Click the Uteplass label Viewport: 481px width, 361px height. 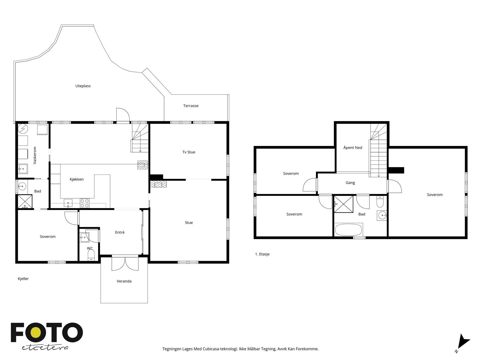click(83, 86)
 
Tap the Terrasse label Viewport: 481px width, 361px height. click(191, 106)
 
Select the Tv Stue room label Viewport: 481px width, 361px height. click(188, 152)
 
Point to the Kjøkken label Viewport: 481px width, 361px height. click(76, 179)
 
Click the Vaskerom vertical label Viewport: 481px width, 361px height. click(35, 155)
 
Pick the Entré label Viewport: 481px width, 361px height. click(120, 232)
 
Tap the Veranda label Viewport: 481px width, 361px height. click(124, 281)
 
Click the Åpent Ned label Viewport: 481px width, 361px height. click(353, 147)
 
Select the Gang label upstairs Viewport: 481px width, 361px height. click(350, 183)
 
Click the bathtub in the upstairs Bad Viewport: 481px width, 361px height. click(348, 230)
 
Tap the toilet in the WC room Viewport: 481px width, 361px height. click(91, 255)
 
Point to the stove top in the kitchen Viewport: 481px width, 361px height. click(84, 203)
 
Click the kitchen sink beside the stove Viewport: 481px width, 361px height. click(68, 203)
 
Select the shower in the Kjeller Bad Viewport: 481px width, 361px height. click(25, 202)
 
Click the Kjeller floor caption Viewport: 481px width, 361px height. click(23, 279)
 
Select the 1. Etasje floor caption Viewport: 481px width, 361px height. click(262, 254)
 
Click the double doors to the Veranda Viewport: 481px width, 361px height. click(125, 263)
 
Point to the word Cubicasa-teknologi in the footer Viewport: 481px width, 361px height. click(220, 349)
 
